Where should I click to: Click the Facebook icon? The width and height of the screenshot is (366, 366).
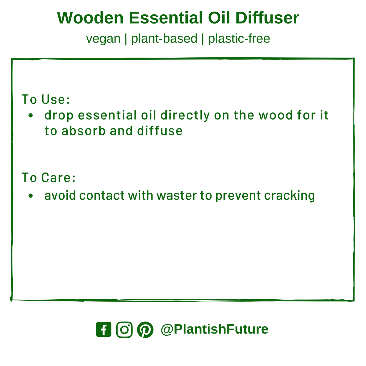click(x=104, y=329)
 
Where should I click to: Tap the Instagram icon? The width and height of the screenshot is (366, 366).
click(x=124, y=329)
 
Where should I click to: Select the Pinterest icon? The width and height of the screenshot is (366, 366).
click(x=145, y=330)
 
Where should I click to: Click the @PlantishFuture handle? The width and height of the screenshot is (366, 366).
click(x=214, y=329)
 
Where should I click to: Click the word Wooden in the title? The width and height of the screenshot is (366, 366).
click(x=90, y=18)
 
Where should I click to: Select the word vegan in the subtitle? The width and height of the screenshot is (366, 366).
click(x=103, y=39)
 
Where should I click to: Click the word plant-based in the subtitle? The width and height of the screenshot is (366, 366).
click(x=164, y=39)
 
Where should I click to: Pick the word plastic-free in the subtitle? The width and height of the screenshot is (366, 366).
click(x=239, y=39)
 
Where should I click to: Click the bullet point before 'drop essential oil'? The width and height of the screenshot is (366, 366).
click(x=31, y=115)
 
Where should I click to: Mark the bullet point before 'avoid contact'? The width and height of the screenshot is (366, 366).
click(x=31, y=196)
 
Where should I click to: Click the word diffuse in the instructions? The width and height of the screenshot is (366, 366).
click(x=160, y=131)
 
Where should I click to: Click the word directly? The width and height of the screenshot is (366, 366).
click(x=185, y=115)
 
